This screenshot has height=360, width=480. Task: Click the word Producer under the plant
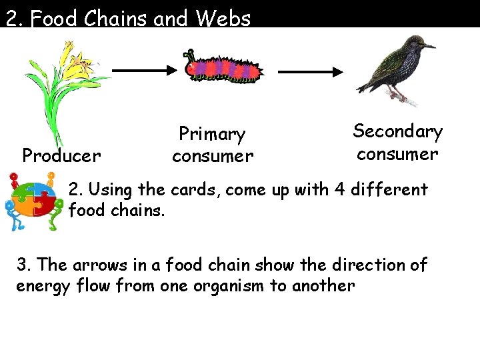(61, 156)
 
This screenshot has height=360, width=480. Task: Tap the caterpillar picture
(223, 67)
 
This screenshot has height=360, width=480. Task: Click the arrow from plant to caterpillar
(143, 69)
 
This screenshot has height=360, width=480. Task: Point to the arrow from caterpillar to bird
(309, 70)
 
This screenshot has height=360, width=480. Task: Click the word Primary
(212, 135)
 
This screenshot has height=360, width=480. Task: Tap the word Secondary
(397, 131)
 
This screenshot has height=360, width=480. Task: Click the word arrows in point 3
(91, 265)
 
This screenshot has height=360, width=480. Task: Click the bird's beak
(431, 47)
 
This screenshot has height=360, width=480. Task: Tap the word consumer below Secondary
(397, 154)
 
